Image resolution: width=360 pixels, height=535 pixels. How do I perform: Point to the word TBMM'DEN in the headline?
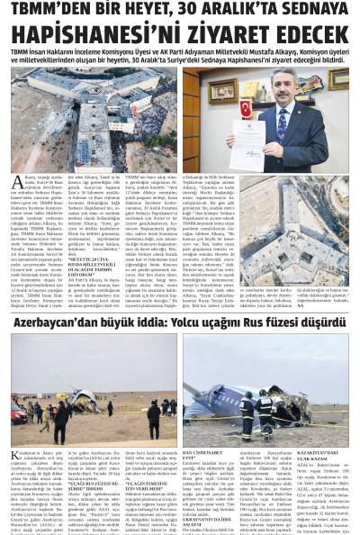tap(54, 10)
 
